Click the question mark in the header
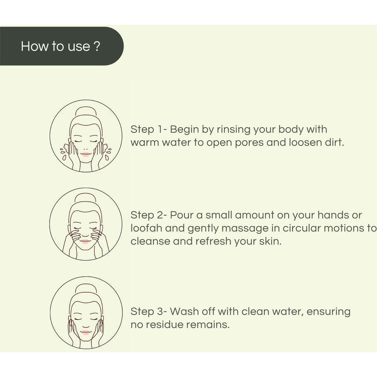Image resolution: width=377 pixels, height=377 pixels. click(x=96, y=46)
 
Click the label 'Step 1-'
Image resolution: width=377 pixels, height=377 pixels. click(x=148, y=129)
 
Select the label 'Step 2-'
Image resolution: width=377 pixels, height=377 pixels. click(x=149, y=215)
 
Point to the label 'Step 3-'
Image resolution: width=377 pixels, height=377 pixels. click(x=149, y=311)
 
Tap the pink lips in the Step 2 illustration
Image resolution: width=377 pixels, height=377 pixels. click(x=85, y=241)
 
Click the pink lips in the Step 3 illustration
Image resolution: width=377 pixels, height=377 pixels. click(x=86, y=332)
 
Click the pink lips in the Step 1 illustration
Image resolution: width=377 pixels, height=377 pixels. click(x=86, y=154)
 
